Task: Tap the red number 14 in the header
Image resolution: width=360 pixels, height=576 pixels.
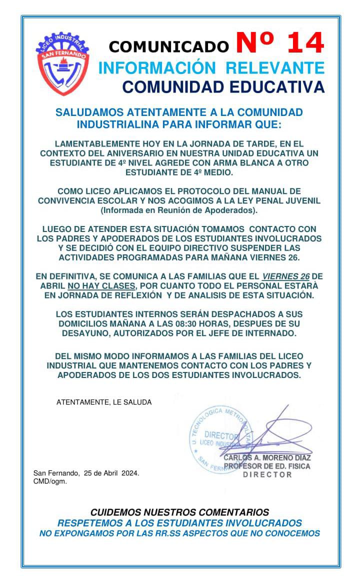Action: (280, 44)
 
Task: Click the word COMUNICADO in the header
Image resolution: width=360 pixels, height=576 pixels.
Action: (168, 47)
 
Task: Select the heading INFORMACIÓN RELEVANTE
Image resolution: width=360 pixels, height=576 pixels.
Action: (211, 68)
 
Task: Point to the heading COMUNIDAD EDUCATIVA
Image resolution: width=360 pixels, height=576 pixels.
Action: (223, 87)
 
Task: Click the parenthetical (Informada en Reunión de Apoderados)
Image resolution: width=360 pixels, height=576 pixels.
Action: (179, 210)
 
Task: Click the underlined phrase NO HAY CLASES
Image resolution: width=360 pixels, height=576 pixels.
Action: (101, 285)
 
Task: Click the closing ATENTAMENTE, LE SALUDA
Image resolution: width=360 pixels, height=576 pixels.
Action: (104, 402)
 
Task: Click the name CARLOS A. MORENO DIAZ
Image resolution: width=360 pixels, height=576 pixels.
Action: (267, 457)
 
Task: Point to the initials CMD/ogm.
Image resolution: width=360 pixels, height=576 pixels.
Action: (50, 481)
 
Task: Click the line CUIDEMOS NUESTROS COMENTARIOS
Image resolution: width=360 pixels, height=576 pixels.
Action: (179, 512)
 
